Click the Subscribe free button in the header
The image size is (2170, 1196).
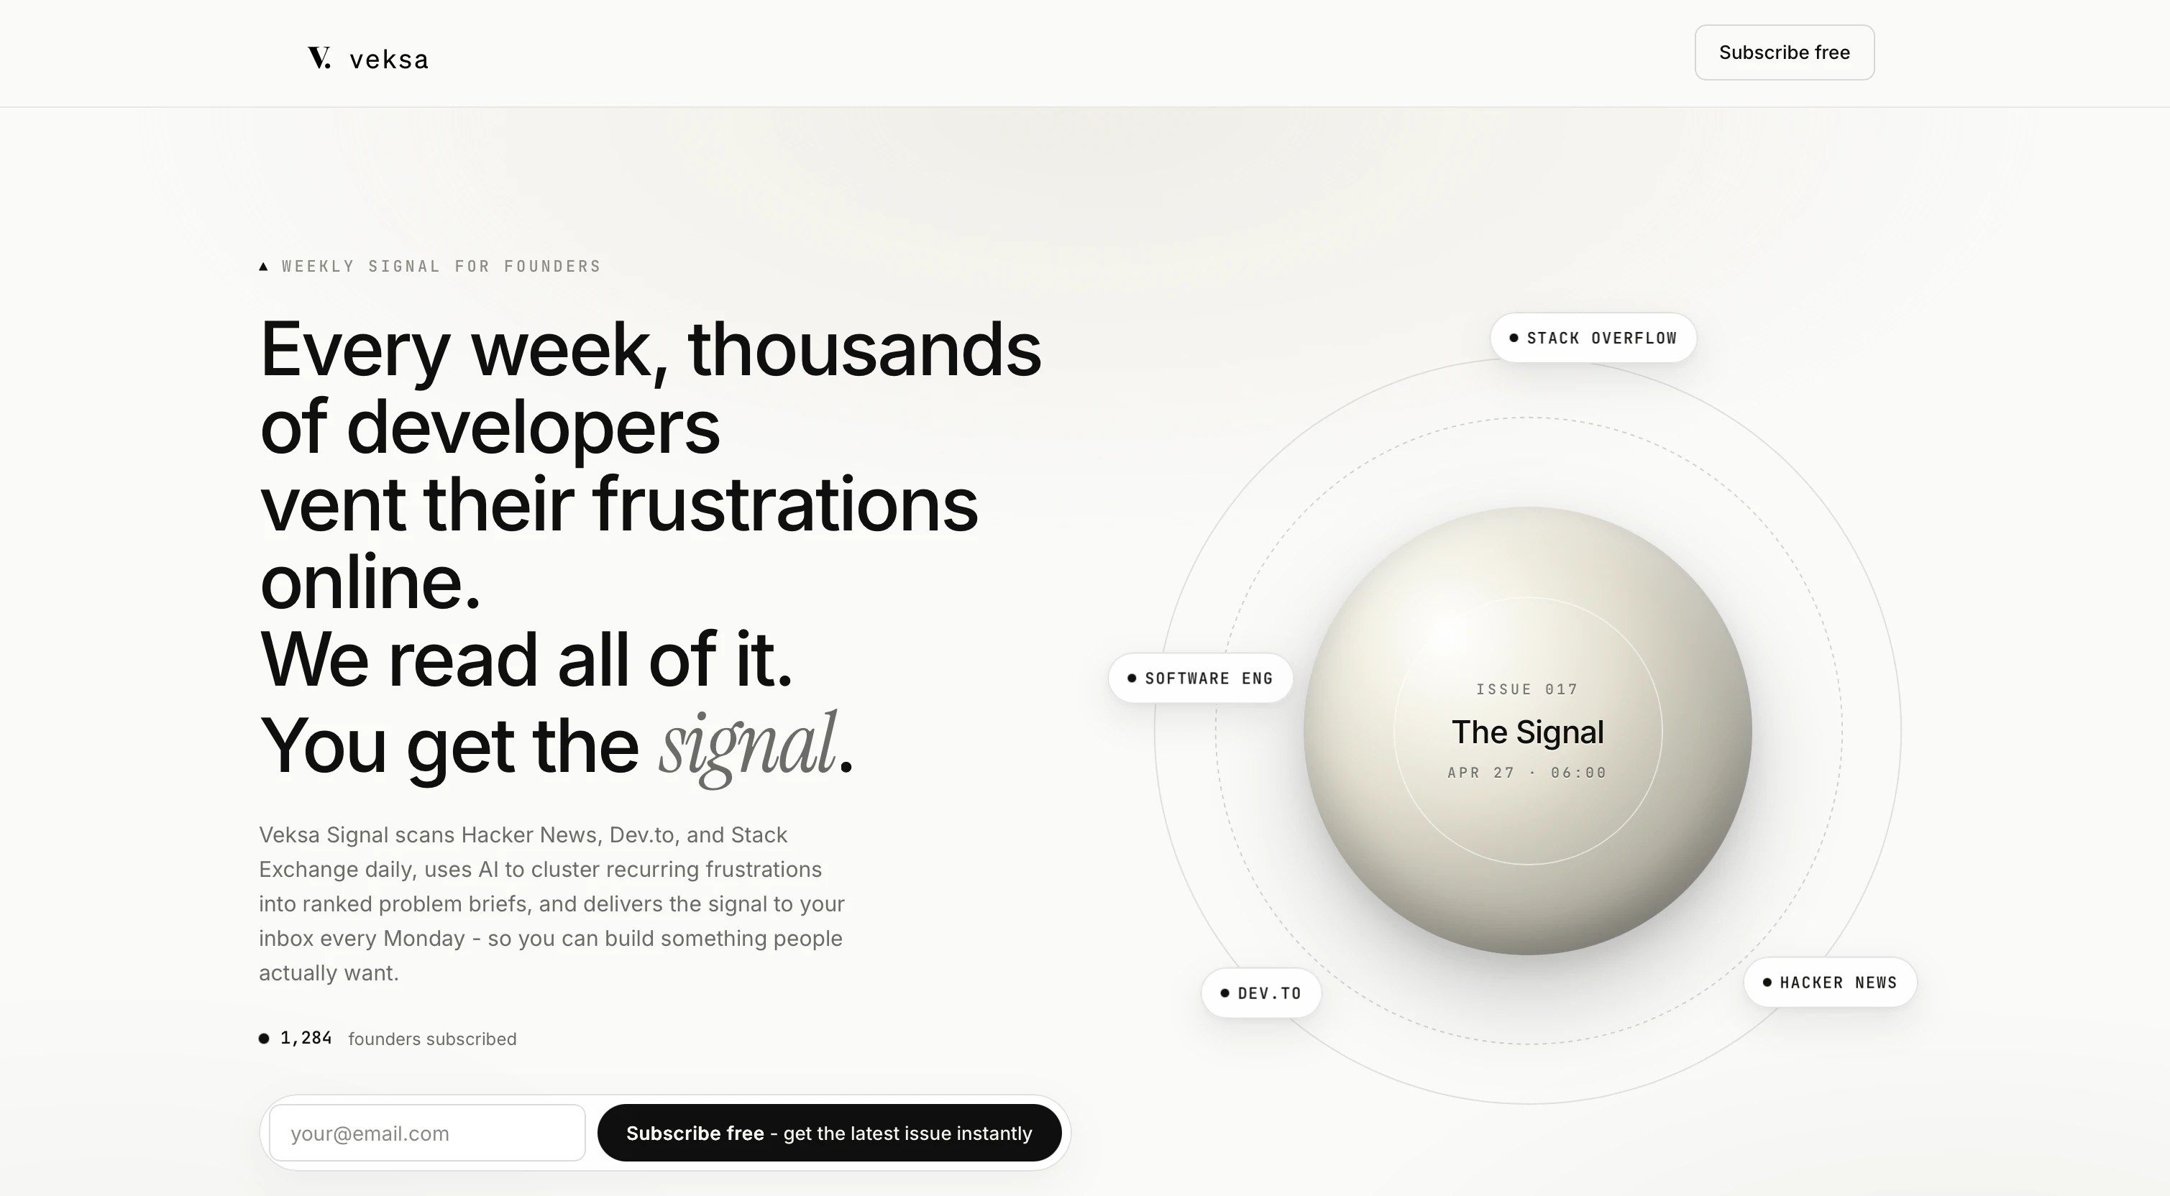point(1784,52)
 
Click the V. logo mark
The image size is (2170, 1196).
point(319,57)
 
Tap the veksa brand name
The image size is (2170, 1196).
point(389,59)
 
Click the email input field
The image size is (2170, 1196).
point(427,1133)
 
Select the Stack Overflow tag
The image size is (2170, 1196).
point(1593,338)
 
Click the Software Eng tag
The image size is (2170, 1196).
point(1201,678)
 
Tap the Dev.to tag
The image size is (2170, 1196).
point(1261,993)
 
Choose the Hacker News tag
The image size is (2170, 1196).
point(1831,982)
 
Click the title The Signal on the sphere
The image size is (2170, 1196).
point(1527,732)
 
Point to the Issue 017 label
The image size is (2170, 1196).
point(1527,689)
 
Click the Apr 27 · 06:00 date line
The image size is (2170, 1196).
point(1527,773)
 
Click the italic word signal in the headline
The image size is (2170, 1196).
point(747,746)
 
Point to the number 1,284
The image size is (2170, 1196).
point(306,1038)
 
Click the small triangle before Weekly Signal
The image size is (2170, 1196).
point(264,266)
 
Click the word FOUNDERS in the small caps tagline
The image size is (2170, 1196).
point(553,266)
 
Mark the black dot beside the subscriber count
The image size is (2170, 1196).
point(264,1039)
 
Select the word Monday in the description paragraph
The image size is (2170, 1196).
point(424,938)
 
